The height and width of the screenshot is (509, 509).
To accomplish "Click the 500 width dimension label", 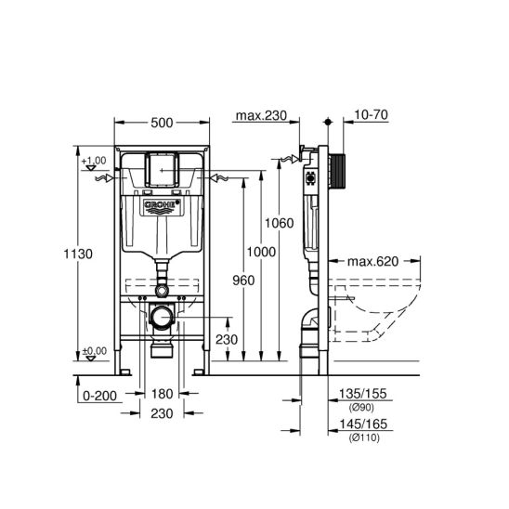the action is coord(162,123).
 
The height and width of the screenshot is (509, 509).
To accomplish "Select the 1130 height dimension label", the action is coord(78,254).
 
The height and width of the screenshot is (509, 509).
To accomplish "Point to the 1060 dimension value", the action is coord(280,223).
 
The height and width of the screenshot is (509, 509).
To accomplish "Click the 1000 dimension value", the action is coord(261,252).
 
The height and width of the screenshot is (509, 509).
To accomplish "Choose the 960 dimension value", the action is coord(243,281).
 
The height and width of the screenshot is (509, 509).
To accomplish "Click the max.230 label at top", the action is coord(261,115).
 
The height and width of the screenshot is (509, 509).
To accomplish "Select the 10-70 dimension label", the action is coord(371,114).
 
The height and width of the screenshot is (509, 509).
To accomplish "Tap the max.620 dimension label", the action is coord(372,261).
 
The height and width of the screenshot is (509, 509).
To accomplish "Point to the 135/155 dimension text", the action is coord(363,394).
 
